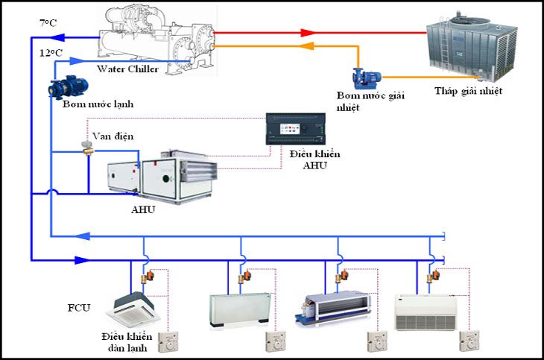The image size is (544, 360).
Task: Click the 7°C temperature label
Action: [47, 23]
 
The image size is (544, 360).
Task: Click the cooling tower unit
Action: [470, 45]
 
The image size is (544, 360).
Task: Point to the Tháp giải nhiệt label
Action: [468, 92]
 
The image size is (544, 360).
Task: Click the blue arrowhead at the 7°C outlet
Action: [60, 35]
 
